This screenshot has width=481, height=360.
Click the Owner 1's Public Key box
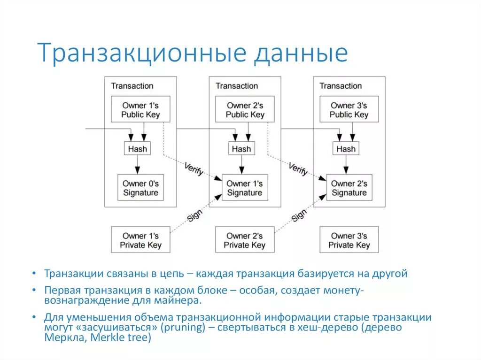(140, 110)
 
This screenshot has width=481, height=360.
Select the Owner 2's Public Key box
(245, 110)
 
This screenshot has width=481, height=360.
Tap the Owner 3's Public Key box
(349, 110)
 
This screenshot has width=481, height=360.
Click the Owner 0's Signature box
(140, 188)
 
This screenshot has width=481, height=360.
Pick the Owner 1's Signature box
(245, 188)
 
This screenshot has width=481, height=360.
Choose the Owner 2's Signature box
(349, 188)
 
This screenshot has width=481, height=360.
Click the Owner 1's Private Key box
(140, 240)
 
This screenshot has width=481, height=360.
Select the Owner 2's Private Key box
(245, 240)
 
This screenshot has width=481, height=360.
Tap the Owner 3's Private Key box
(349, 240)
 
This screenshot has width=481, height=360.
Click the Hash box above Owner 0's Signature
(137, 149)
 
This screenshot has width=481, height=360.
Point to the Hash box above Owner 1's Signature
(241, 149)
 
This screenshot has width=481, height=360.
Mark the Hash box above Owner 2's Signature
(346, 149)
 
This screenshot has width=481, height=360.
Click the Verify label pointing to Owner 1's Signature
(194, 169)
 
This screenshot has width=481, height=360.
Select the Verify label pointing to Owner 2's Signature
(298, 169)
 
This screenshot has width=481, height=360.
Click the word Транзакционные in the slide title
(141, 53)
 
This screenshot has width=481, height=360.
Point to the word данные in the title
(301, 53)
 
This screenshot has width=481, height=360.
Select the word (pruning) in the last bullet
(181, 328)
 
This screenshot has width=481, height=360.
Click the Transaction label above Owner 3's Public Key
(341, 86)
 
